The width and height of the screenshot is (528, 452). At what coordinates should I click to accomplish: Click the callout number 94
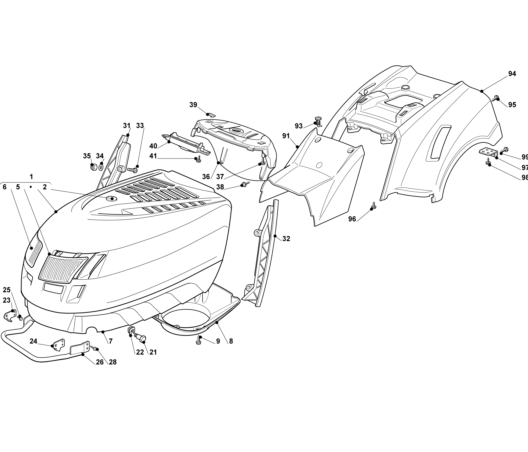point(512,74)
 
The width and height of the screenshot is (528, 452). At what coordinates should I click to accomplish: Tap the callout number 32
point(286,239)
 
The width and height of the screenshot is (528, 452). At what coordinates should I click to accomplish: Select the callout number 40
point(153,146)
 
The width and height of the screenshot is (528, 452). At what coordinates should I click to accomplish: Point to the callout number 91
point(286,136)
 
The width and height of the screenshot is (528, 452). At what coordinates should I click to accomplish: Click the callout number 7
point(111,341)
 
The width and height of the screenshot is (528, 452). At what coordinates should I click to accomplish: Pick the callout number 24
point(33,341)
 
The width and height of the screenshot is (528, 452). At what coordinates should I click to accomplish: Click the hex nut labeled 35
point(93,167)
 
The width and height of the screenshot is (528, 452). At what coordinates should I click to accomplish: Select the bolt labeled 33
point(132,169)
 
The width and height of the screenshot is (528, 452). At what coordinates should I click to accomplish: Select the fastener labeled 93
point(318,121)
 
